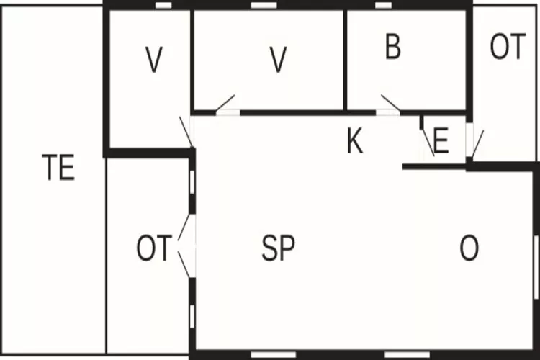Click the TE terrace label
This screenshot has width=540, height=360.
[58, 168]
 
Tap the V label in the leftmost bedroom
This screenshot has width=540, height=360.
[153, 60]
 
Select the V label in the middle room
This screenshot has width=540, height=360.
[278, 60]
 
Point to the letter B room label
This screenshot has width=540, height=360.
[393, 47]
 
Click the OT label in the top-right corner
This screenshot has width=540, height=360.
[508, 47]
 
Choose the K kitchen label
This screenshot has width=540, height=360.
[355, 141]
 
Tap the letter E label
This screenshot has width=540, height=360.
[441, 140]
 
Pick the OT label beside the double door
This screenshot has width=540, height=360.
[154, 248]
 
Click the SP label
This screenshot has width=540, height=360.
[278, 248]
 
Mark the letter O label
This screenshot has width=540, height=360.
[469, 248]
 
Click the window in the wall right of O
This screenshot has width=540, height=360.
[536, 267]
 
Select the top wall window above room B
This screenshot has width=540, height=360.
[383, 5]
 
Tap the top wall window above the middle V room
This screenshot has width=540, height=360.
[264, 5]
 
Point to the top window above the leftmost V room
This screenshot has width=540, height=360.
[163, 5]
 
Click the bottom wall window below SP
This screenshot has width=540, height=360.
[274, 355]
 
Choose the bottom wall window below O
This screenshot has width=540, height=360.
[407, 355]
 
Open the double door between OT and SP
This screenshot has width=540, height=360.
[186, 246]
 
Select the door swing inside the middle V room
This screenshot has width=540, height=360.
[225, 104]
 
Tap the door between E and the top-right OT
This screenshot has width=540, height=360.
[474, 143]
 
